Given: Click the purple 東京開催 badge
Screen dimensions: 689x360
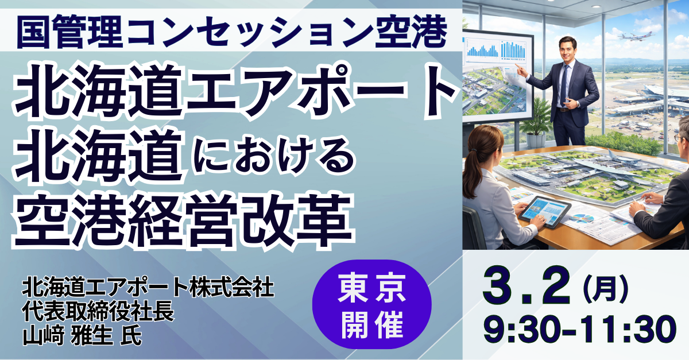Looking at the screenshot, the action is coord(372,304).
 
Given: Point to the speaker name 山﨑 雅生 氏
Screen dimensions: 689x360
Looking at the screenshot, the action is coord(82,336).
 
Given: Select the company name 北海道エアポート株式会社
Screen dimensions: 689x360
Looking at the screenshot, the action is coord(148,288).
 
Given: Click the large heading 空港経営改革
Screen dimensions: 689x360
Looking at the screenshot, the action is coord(183,220).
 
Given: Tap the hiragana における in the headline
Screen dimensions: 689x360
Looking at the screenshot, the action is coord(273,159).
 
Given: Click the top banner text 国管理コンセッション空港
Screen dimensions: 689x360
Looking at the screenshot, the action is coord(232,32).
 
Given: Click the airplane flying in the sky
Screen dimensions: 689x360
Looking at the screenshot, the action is coord(636,37).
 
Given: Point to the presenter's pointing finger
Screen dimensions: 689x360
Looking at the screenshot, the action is coord(517,66).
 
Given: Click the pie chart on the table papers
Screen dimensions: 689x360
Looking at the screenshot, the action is coord(580,218).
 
